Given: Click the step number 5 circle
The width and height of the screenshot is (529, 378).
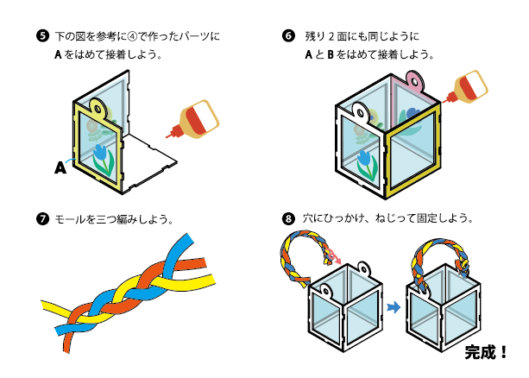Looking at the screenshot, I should [41, 37].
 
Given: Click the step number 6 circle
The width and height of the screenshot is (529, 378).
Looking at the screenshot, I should [288, 37].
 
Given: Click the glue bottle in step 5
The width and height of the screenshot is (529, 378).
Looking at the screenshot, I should [195, 118].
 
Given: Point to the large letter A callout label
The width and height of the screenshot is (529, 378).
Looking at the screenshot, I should [60, 168].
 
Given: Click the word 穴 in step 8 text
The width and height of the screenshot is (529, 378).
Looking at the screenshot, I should [310, 218].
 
